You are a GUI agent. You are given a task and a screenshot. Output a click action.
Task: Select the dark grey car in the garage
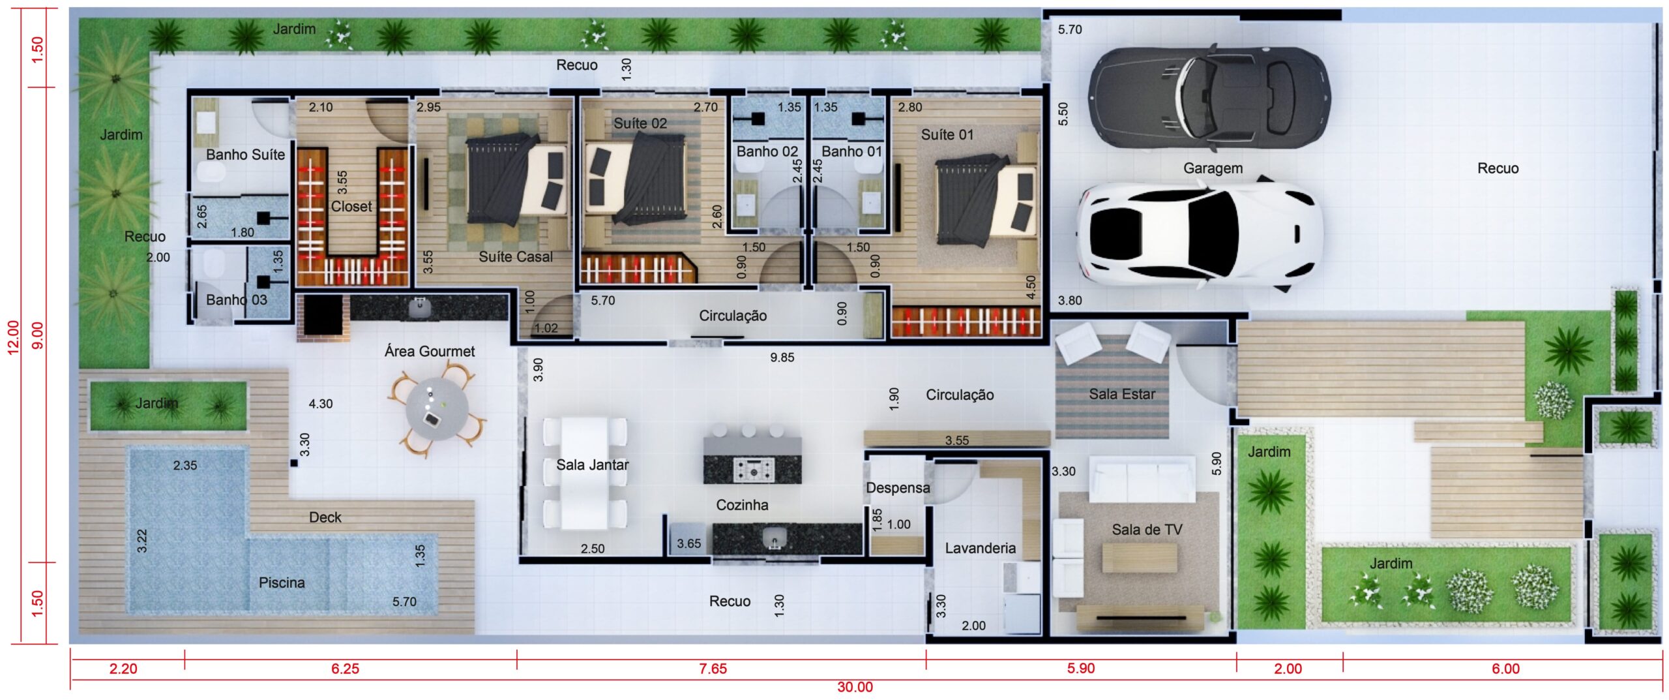1209,97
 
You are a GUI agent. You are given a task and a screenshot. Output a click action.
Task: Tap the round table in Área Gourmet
437,410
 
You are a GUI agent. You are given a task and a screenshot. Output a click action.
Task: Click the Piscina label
282,583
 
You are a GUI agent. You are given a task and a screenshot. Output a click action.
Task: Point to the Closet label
351,207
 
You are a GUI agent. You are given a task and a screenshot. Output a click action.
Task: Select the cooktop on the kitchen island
753,470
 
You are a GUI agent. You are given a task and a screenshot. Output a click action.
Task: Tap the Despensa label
898,488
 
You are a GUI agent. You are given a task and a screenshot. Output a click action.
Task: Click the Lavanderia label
981,548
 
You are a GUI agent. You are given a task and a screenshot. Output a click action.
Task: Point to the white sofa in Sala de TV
1142,479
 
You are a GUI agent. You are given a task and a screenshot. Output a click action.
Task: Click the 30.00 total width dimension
855,688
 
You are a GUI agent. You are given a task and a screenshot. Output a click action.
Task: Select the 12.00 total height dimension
13,337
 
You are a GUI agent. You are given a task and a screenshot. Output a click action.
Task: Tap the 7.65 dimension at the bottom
713,669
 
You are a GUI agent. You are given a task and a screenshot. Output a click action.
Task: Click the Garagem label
1213,168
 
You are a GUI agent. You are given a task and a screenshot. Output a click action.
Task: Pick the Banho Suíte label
245,155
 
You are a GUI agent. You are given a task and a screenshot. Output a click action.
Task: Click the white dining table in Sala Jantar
585,473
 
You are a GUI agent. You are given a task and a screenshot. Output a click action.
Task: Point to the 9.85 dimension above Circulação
782,358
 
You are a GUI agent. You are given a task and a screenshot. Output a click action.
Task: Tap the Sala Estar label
1121,394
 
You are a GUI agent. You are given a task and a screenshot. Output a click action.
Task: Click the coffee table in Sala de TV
1140,558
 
